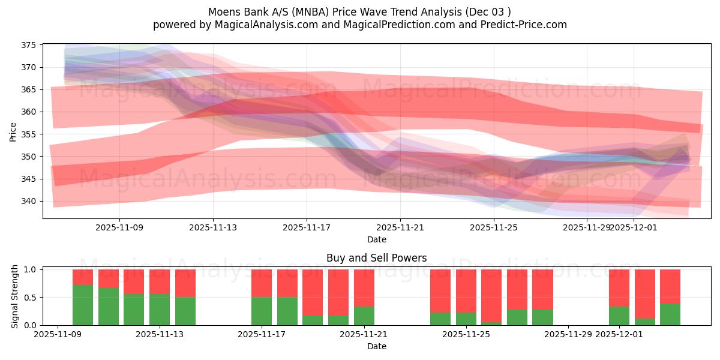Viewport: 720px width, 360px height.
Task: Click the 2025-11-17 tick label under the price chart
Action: point(307,228)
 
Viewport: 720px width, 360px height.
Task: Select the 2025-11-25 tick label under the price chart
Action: point(494,228)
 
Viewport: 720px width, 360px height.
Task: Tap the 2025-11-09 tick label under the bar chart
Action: point(58,335)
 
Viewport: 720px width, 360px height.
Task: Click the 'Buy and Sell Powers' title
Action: point(377,258)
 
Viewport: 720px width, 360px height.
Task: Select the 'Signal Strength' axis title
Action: point(15,297)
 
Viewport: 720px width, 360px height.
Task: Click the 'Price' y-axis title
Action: point(13,131)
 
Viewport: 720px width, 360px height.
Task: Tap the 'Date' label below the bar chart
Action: point(377,346)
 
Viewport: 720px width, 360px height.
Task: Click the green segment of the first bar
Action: point(83,305)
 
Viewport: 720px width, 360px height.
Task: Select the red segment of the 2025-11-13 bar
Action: point(160,281)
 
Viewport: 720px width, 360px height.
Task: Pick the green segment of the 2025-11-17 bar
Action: point(262,311)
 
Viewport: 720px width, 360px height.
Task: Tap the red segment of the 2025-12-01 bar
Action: point(619,288)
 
